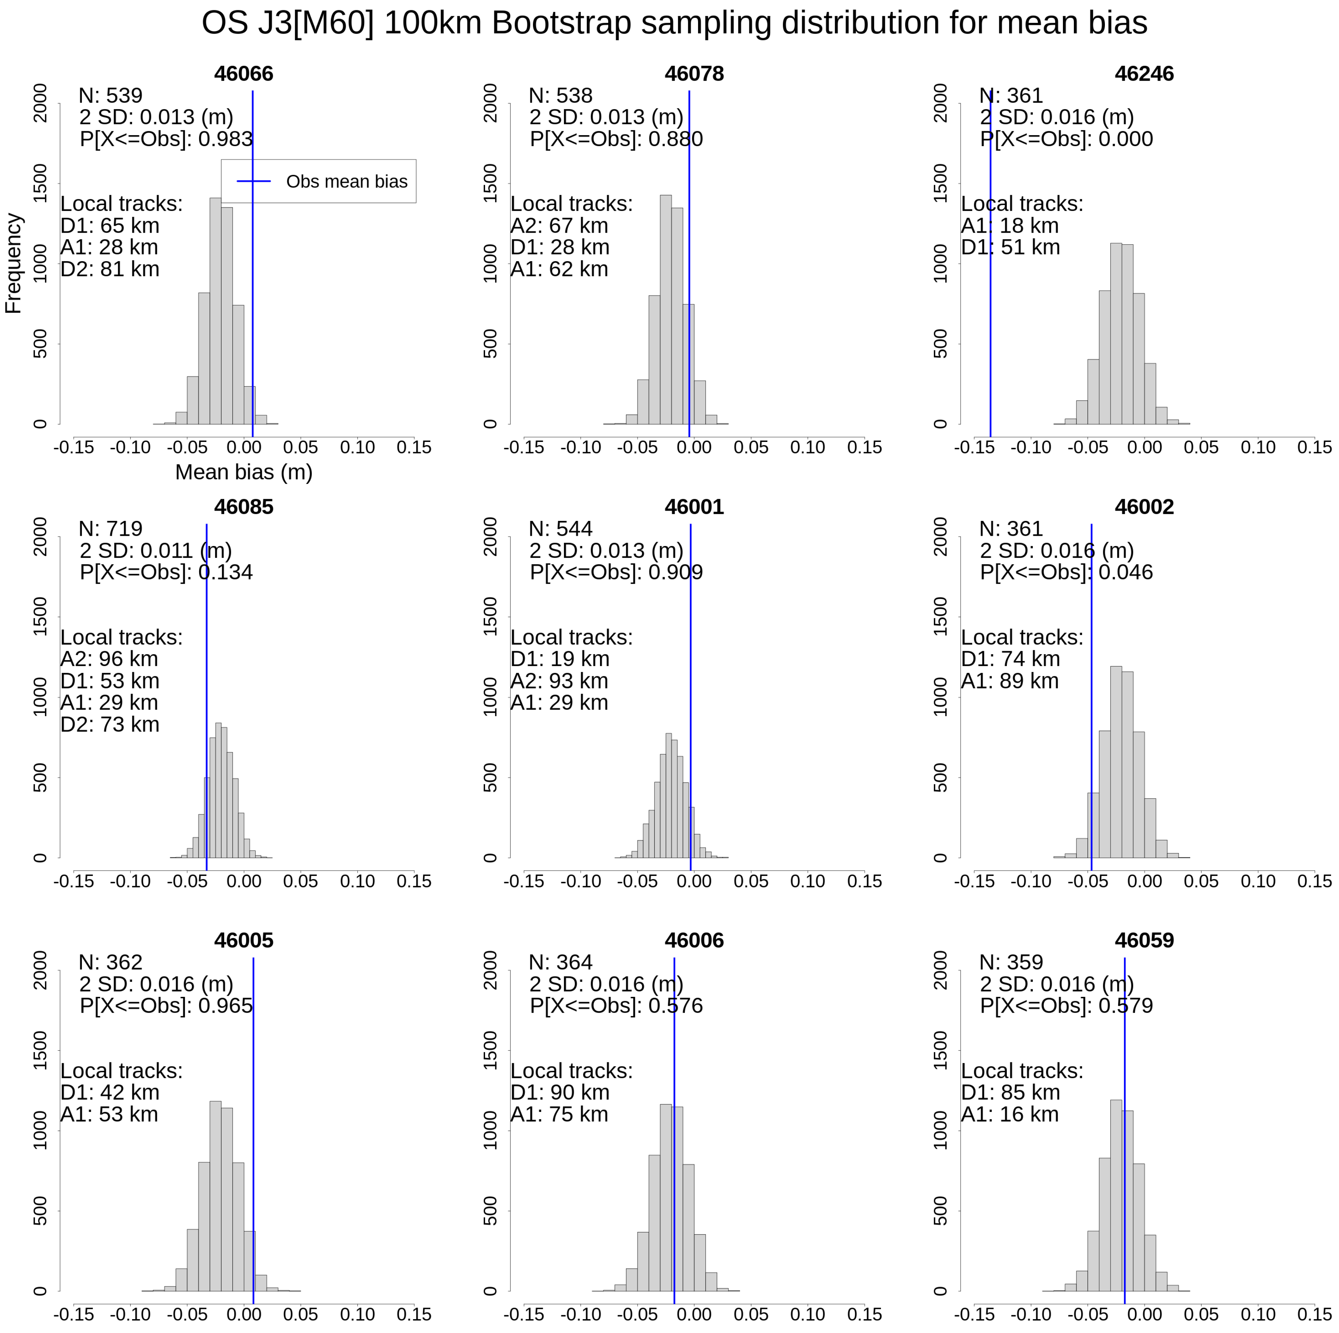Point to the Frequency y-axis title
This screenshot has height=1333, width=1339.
(x=13, y=263)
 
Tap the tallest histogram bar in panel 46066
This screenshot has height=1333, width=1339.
(x=216, y=312)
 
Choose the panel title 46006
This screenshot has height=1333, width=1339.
(x=694, y=940)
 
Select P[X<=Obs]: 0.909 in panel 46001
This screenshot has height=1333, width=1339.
(x=616, y=572)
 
